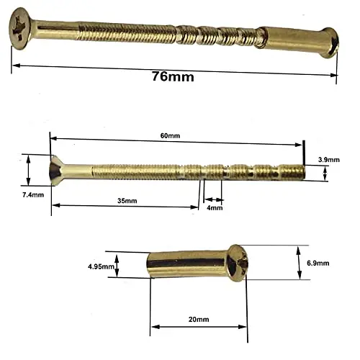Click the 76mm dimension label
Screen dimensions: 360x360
tap(173, 76)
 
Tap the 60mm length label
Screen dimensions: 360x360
tap(170, 136)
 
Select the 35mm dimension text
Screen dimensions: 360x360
tap(127, 201)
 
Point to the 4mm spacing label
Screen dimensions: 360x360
tap(215, 207)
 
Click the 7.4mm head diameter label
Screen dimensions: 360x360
tap(33, 195)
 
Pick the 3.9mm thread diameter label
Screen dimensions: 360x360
tap(329, 160)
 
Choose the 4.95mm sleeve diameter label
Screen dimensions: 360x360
tap(101, 266)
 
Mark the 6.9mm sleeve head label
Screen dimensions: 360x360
tap(318, 264)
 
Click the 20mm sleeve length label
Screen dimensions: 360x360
tap(199, 320)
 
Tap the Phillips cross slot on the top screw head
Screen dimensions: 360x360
tap(18, 28)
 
